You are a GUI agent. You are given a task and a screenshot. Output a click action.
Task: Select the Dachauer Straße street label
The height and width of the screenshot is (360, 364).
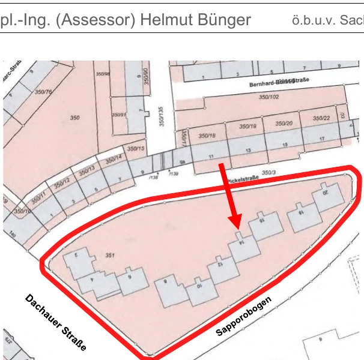56,322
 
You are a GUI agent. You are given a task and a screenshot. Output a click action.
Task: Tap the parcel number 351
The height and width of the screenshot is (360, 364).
110,256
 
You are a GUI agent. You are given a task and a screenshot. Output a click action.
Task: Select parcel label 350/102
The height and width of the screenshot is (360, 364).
268,96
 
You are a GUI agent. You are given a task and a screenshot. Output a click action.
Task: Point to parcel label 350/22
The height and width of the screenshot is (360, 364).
322,118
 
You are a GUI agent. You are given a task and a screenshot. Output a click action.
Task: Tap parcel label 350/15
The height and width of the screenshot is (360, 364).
136,148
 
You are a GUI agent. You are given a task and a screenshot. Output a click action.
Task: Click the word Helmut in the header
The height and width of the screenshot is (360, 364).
163,20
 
